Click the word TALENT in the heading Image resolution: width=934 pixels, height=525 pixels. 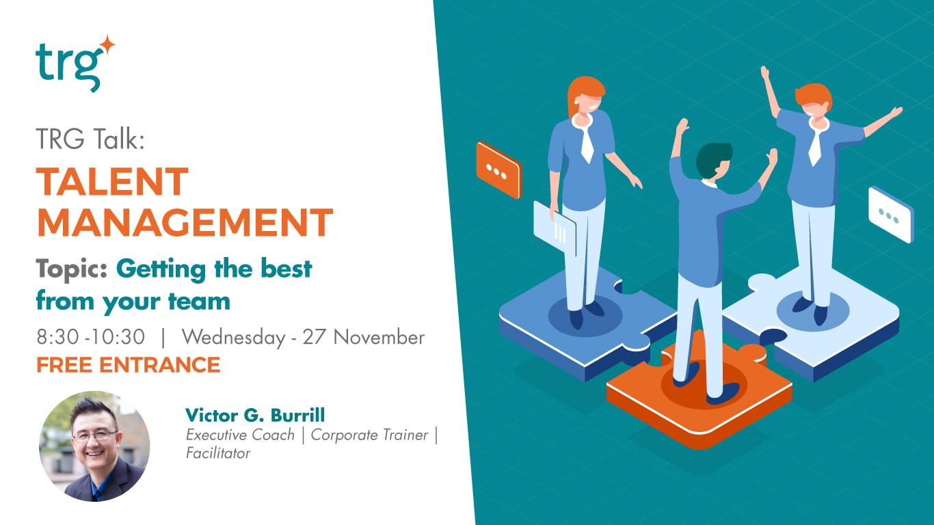[112, 182]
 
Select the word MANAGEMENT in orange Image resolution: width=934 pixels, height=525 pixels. [185, 221]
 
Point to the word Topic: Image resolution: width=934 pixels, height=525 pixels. [72, 269]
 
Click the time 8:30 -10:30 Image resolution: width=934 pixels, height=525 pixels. [90, 337]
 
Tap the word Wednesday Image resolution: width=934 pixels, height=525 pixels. [232, 337]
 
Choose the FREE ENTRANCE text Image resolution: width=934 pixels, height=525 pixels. [128, 365]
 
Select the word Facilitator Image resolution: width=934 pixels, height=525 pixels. [218, 453]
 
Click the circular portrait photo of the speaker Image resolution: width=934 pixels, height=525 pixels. [94, 446]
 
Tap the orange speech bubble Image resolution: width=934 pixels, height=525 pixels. [498, 170]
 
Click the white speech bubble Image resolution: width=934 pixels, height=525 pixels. [891, 214]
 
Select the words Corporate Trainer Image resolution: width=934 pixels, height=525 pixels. [369, 435]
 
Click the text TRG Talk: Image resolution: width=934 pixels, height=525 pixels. [90, 141]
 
